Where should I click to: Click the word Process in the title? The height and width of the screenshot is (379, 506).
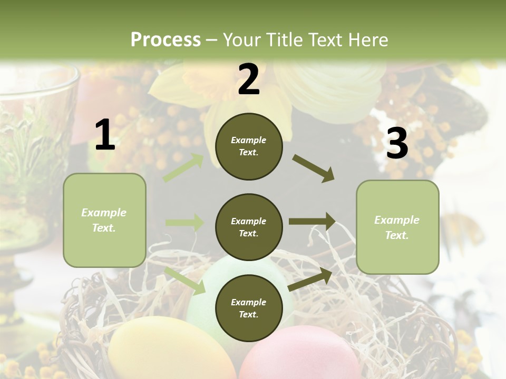coord(166,39)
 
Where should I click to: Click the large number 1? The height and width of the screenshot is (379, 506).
coord(105,135)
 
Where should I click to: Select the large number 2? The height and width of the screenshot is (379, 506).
coord(249,79)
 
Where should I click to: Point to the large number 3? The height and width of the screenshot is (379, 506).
coord(397,143)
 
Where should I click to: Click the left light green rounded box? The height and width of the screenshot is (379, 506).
coord(104,220)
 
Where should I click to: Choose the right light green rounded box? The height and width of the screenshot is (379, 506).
coord(397,227)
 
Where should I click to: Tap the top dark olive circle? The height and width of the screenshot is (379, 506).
coord(249,146)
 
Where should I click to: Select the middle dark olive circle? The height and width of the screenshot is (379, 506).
coord(249,227)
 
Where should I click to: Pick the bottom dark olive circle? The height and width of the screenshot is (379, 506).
coord(249,308)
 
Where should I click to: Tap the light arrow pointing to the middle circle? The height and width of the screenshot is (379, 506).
coord(184,223)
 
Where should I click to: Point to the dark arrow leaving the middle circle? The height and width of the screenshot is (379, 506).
coord(312,222)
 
